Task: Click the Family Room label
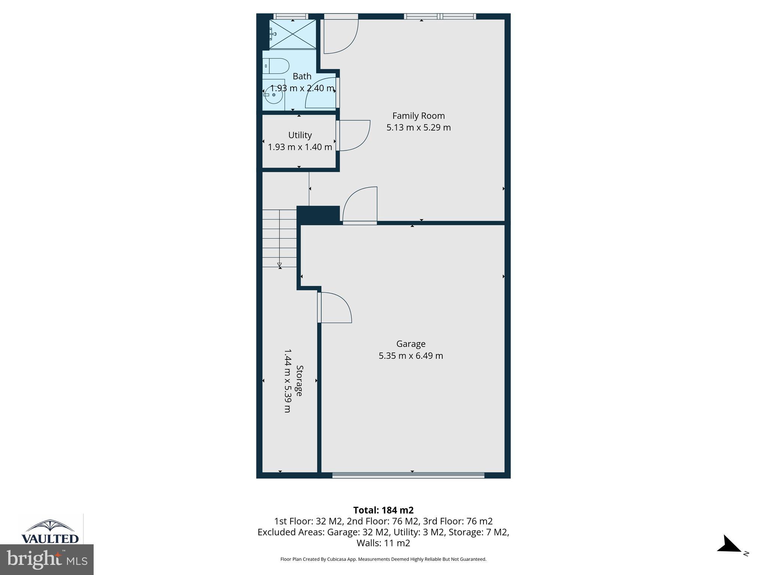pyautogui.click(x=418, y=116)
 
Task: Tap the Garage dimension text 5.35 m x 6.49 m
pyautogui.click(x=411, y=356)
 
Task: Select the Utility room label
pyautogui.click(x=300, y=135)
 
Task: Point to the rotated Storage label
pyautogui.click(x=299, y=380)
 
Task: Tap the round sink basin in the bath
pyautogui.click(x=274, y=95)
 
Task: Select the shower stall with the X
pyautogui.click(x=292, y=34)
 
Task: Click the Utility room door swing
pyautogui.click(x=354, y=136)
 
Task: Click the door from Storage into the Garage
pyautogui.click(x=334, y=307)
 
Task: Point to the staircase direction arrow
pyautogui.click(x=279, y=265)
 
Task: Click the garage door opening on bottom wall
pyautogui.click(x=408, y=475)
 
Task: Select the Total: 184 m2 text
pyautogui.click(x=383, y=510)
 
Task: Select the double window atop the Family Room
pyautogui.click(x=440, y=16)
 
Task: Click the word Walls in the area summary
pyautogui.click(x=367, y=543)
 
